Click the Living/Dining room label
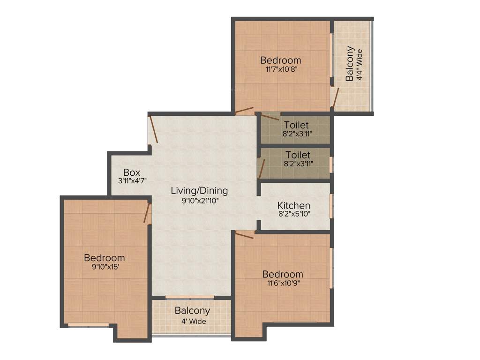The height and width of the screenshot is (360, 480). (x=199, y=191)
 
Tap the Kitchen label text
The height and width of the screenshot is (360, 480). (x=294, y=205)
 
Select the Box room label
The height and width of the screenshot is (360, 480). (x=132, y=172)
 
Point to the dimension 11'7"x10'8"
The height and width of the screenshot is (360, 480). (x=280, y=69)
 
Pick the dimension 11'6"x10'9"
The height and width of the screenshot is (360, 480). (x=282, y=283)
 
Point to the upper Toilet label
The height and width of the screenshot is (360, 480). (x=296, y=125)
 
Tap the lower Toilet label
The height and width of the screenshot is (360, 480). (x=298, y=155)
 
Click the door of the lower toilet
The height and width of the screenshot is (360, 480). (x=262, y=168)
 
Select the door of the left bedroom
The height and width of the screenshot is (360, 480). (x=147, y=213)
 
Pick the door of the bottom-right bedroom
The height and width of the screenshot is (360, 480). (x=244, y=235)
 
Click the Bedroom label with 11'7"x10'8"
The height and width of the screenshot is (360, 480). (x=280, y=60)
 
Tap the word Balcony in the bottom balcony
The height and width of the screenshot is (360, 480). (x=192, y=311)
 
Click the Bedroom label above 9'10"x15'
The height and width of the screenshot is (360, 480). (x=104, y=257)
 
